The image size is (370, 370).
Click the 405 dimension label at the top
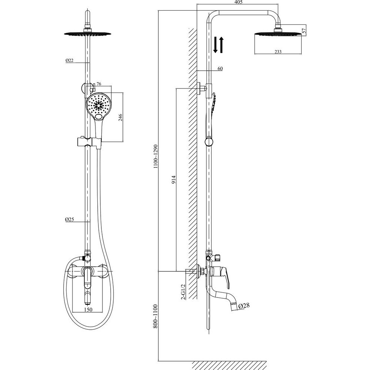[x=239, y=2]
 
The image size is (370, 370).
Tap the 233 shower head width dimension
[x=278, y=52]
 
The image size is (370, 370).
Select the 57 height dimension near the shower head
[x=304, y=30]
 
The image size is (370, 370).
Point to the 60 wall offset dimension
[x=220, y=68]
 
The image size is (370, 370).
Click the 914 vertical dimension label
[x=174, y=180]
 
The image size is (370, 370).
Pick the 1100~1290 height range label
[x=155, y=156]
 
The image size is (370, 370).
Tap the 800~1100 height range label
[x=155, y=316]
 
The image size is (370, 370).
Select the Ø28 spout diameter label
[x=244, y=306]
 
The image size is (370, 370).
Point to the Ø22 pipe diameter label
[x=70, y=60]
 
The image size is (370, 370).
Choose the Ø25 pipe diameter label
[x=70, y=219]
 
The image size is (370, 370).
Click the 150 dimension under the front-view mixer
[x=88, y=309]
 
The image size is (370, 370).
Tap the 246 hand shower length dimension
[x=120, y=117]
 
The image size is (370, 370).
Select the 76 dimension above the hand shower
[x=99, y=84]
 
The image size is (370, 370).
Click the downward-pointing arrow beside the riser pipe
[x=215, y=45]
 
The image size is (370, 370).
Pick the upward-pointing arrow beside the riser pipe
[x=221, y=45]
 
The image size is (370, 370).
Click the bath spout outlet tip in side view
[x=234, y=306]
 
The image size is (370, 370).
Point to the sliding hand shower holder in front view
[x=89, y=142]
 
